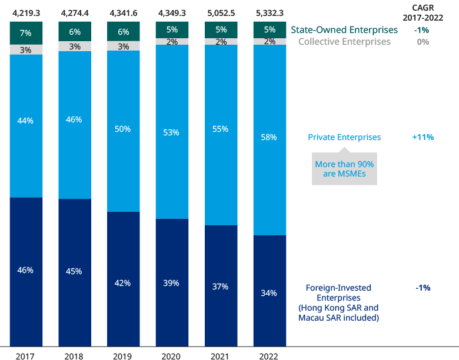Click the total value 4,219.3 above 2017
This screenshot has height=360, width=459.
[x=26, y=10]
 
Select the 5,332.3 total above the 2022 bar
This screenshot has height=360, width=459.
[x=270, y=10]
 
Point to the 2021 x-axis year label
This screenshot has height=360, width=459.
[x=221, y=356]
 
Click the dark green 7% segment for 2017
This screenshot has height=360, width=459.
[x=26, y=33]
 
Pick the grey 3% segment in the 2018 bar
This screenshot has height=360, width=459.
[x=75, y=46]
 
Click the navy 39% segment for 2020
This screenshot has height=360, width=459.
[x=172, y=282]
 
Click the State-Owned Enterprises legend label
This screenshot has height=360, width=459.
[x=344, y=30]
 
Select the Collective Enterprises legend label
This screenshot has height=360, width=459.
[x=344, y=42]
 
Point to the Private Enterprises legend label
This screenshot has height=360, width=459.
[x=344, y=137]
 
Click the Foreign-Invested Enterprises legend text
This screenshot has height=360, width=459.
[x=338, y=303]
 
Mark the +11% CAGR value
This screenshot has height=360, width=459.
[x=423, y=137]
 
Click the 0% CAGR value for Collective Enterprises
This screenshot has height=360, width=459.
[x=423, y=42]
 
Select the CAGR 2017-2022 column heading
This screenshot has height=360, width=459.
[x=423, y=14]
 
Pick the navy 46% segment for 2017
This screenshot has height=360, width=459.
[x=26, y=271]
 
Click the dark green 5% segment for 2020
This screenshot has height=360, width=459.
[x=172, y=29]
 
